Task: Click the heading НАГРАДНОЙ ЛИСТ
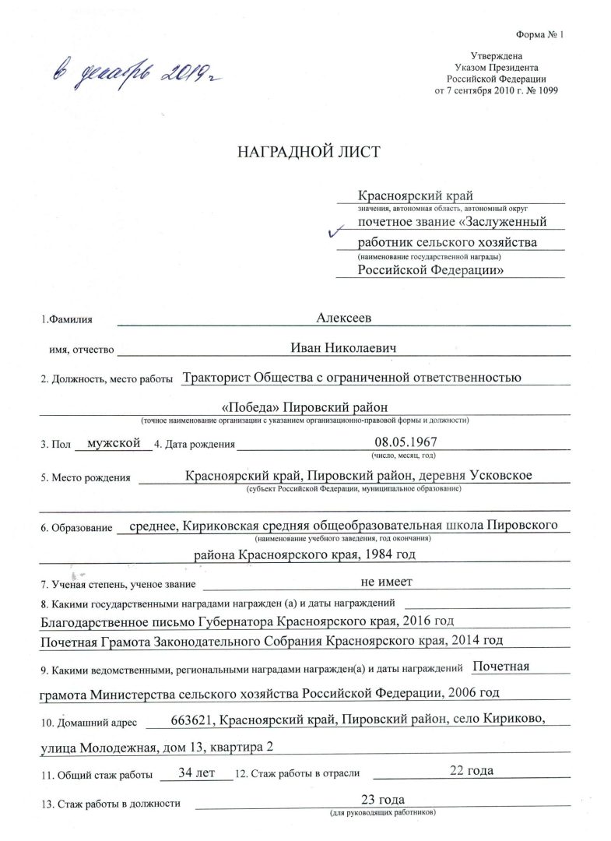[x=309, y=151]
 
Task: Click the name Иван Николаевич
[x=343, y=347]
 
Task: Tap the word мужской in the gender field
[x=114, y=442]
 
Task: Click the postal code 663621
[x=191, y=721]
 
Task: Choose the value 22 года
[x=472, y=771]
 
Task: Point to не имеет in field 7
[x=387, y=582]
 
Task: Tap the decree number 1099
[x=546, y=90]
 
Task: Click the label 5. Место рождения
[x=86, y=477]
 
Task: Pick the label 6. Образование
[x=77, y=529]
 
